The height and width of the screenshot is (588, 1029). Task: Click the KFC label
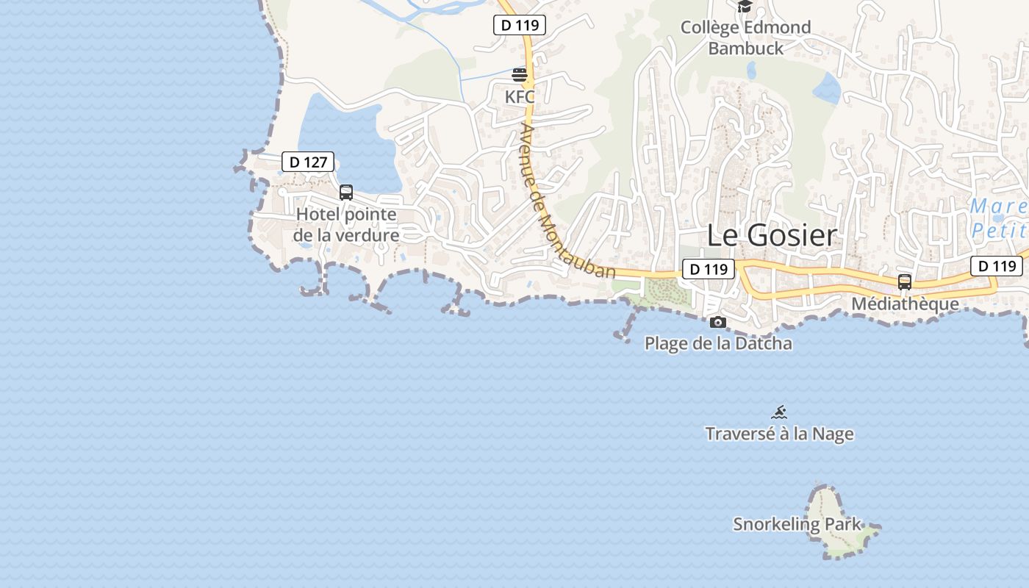520,96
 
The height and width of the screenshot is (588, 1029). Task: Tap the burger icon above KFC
520,75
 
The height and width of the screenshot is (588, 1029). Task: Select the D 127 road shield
308,162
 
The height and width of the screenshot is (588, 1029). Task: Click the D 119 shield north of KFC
520,25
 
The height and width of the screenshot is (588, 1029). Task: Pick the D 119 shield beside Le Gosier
709,269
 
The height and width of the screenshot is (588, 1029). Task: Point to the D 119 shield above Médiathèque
997,265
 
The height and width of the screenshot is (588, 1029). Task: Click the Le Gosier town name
772,235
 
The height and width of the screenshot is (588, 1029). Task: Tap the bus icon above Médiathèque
905,282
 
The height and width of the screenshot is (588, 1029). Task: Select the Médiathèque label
905,304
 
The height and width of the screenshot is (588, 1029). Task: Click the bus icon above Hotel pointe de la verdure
346,193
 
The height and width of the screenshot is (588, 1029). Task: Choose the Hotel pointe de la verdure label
346,225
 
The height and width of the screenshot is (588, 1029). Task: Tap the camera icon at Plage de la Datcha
718,322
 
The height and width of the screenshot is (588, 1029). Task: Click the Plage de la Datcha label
718,343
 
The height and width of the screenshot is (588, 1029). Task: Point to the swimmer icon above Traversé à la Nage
779,412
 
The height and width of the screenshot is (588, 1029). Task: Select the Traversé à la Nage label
779,434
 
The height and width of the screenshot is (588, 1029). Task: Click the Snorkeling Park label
797,524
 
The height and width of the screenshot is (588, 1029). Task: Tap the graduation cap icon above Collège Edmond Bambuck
745,7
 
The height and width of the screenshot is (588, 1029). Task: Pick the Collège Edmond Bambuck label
745,37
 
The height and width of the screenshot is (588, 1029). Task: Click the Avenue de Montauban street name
566,200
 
